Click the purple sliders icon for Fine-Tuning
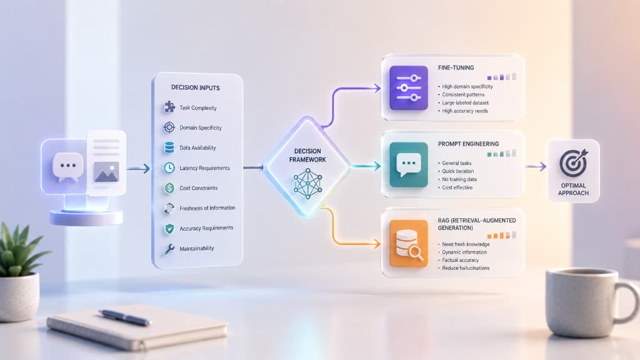pyautogui.click(x=409, y=87)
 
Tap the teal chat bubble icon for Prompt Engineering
pyautogui.click(x=409, y=164)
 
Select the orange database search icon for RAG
pyautogui.click(x=409, y=243)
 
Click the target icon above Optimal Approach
pyautogui.click(x=573, y=163)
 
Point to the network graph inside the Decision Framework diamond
pyautogui.click(x=307, y=184)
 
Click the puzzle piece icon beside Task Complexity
pyautogui.click(x=169, y=107)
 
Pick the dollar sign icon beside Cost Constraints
pyautogui.click(x=169, y=187)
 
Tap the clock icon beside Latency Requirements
pyautogui.click(x=169, y=167)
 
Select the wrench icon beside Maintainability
pyautogui.click(x=169, y=249)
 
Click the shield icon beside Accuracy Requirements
pyautogui.click(x=169, y=229)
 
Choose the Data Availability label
pyautogui.click(x=197, y=147)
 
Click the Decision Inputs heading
pyautogui.click(x=196, y=87)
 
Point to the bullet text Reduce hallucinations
pyautogui.click(x=466, y=268)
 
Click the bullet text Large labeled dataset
pyautogui.click(x=465, y=103)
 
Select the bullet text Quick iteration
pyautogui.click(x=458, y=171)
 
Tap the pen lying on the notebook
pyautogui.click(x=124, y=317)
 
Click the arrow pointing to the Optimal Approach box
pyautogui.click(x=536, y=166)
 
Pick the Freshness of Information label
pyautogui.click(x=207, y=208)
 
